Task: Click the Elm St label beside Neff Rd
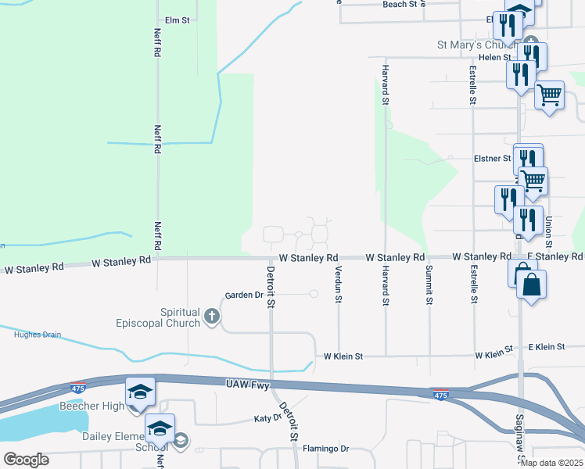(x=178, y=20)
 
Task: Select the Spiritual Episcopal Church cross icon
(x=210, y=316)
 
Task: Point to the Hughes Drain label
(x=38, y=335)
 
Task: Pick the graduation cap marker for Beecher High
(x=141, y=391)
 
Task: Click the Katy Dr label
(x=267, y=418)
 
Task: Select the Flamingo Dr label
(x=326, y=449)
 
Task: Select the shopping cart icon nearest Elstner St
(x=533, y=181)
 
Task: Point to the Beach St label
(x=404, y=4)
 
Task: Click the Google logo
(x=26, y=460)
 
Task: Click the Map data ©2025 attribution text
(x=551, y=463)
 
